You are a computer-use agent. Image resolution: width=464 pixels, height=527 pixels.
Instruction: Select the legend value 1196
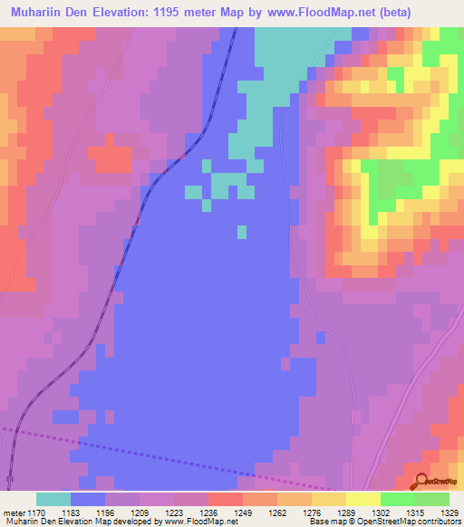(105, 513)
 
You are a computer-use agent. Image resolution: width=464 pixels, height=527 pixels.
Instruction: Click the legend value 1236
(208, 513)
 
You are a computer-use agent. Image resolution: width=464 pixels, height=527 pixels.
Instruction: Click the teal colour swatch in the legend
(53, 499)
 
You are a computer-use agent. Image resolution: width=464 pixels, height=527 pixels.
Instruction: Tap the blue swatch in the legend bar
(88, 499)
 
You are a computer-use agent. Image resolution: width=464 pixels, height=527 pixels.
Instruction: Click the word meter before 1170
(14, 513)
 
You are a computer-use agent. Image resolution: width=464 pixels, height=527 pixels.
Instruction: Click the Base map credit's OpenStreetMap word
(366, 522)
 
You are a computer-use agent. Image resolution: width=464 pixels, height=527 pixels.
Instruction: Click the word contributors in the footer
(436, 522)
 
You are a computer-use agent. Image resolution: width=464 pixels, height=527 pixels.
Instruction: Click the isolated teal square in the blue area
(242, 233)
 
